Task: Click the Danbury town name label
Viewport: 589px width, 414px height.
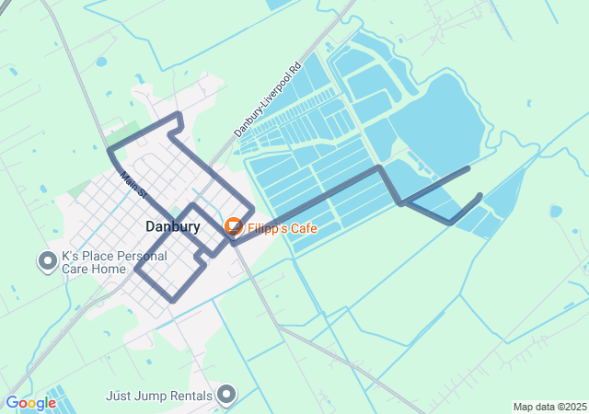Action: [x=172, y=226]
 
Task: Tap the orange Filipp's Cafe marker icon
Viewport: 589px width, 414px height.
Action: [x=234, y=225]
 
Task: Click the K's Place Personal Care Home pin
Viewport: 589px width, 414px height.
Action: [x=47, y=261]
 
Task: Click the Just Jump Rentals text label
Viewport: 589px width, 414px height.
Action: [x=159, y=397]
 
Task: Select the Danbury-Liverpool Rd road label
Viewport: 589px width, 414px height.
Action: [x=267, y=100]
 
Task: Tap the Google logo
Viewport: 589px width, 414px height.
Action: [x=29, y=403]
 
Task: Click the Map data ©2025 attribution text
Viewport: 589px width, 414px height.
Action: [x=549, y=407]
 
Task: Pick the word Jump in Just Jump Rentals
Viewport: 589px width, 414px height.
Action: [x=147, y=397]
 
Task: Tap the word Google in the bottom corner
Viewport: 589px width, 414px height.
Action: [x=29, y=403]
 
